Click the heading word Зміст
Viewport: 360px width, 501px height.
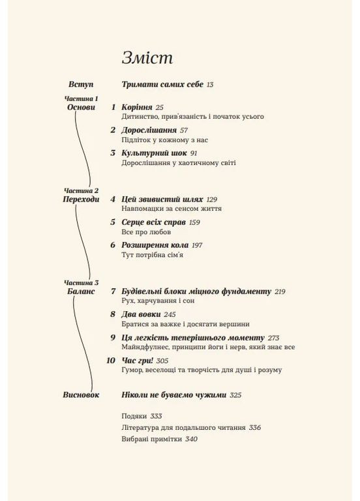(x=147, y=58)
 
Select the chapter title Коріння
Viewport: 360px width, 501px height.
(x=137, y=106)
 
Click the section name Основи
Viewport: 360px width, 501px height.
(x=81, y=106)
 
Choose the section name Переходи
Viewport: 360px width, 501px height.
(x=81, y=199)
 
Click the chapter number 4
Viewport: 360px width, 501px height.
(x=113, y=198)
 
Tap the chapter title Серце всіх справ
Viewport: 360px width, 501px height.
(x=154, y=222)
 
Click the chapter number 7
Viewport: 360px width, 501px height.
(x=113, y=291)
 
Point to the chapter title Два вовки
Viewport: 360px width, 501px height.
(x=140, y=314)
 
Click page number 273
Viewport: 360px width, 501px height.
(x=273, y=337)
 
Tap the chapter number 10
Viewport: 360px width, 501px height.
(x=110, y=360)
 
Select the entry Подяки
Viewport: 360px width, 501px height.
(x=134, y=416)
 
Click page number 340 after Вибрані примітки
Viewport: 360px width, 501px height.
(x=191, y=439)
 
